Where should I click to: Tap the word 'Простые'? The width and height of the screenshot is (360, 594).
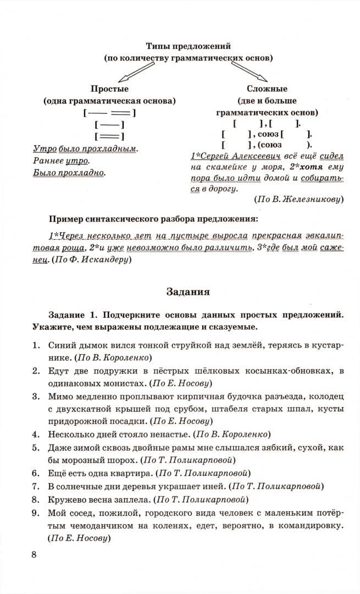[109, 89]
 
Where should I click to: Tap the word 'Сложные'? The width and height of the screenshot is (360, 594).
[267, 89]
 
